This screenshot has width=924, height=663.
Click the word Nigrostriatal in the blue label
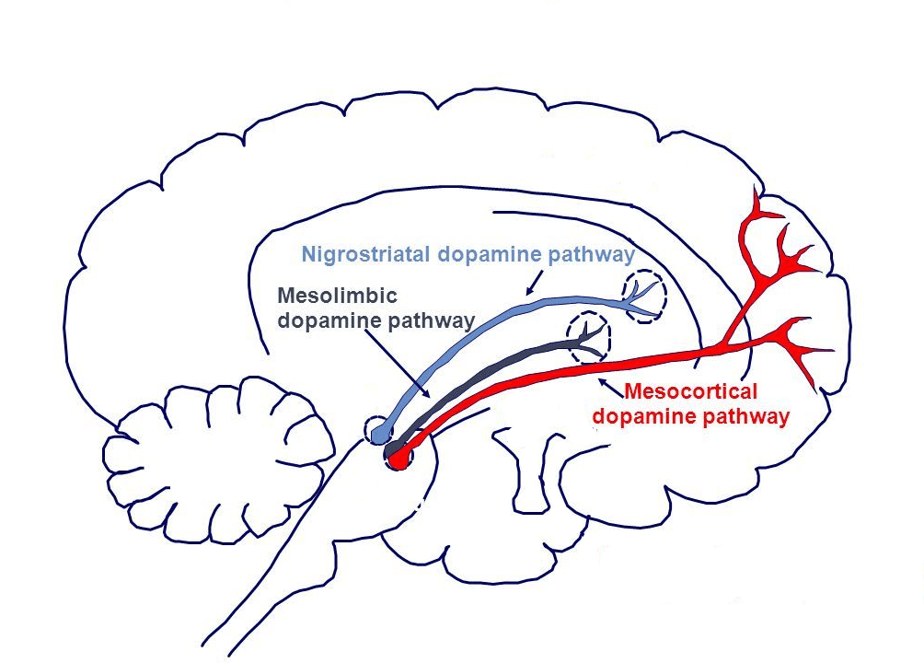[364, 255]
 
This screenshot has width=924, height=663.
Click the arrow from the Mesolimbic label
[406, 364]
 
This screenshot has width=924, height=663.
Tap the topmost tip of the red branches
[757, 191]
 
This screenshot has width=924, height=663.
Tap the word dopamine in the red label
[636, 416]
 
